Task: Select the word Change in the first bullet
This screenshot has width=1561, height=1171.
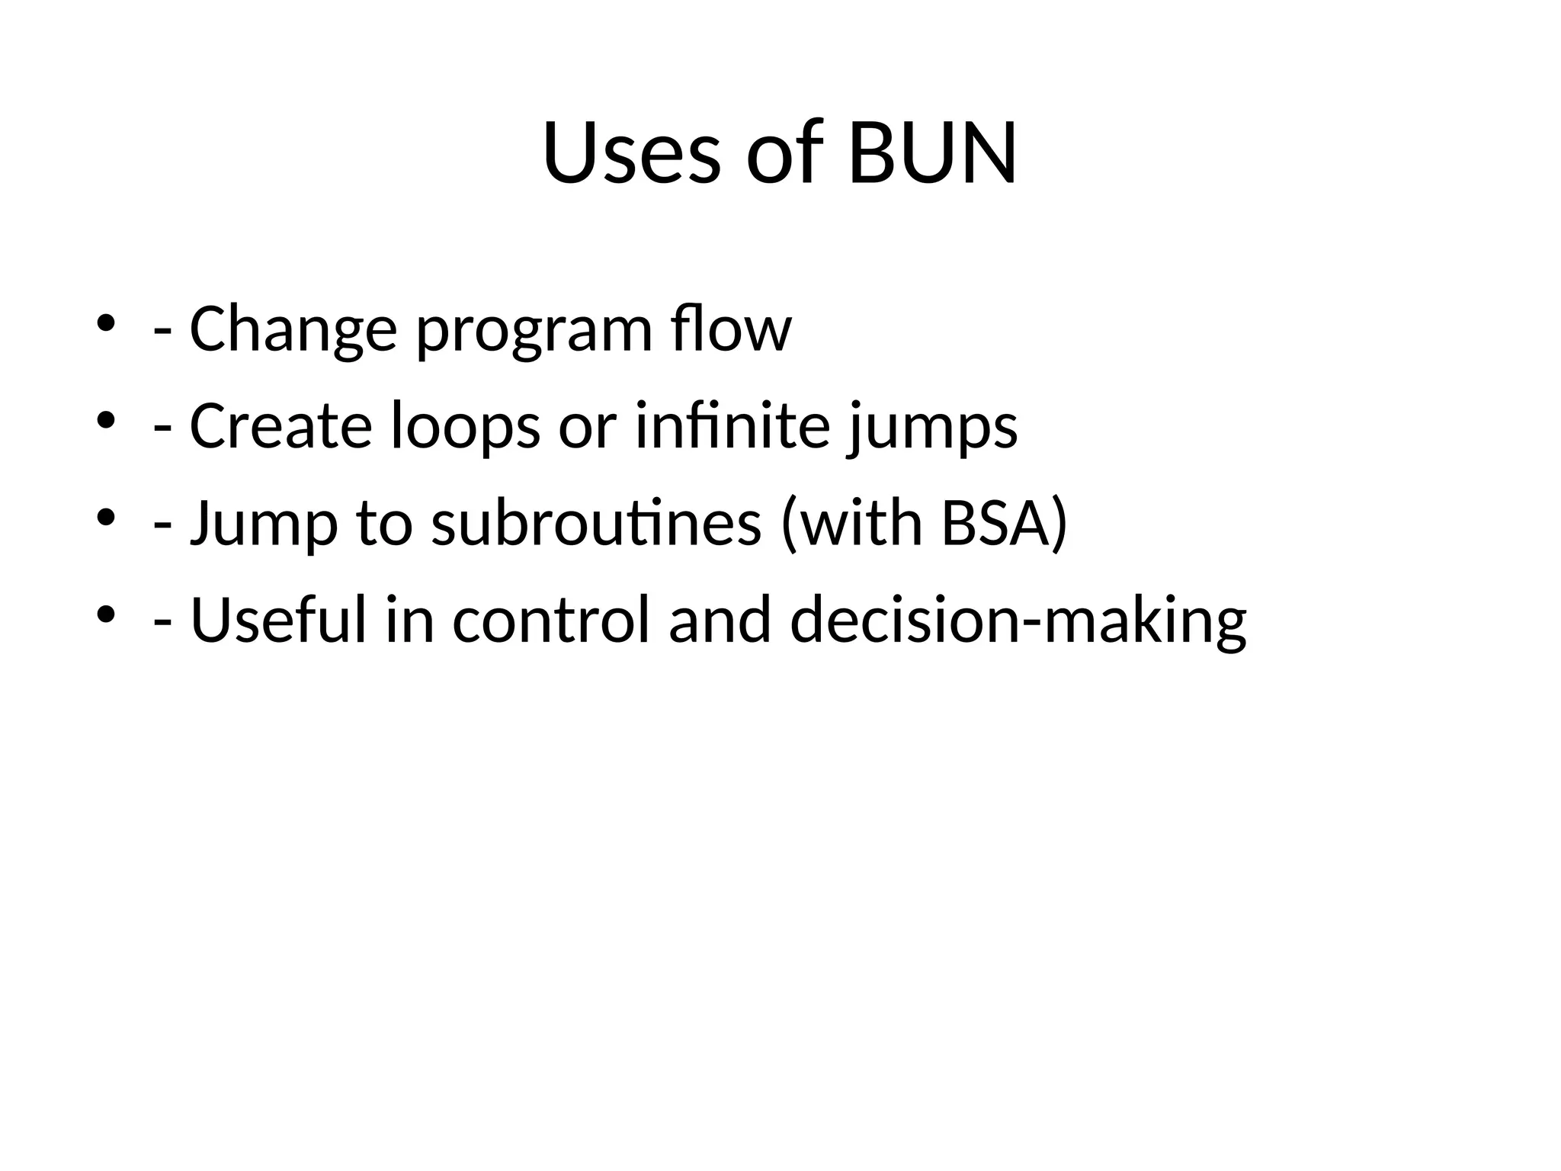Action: tap(293, 329)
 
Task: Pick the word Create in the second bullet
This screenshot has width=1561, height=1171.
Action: tap(280, 425)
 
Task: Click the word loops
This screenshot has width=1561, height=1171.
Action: tap(465, 427)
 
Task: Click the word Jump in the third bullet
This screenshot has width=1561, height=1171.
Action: tap(264, 525)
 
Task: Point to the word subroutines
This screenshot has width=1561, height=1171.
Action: tap(596, 523)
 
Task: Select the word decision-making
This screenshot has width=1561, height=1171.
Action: tap(1018, 621)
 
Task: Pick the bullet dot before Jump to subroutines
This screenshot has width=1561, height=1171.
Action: tap(105, 517)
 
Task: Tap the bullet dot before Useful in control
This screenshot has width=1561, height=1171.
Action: tap(105, 614)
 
